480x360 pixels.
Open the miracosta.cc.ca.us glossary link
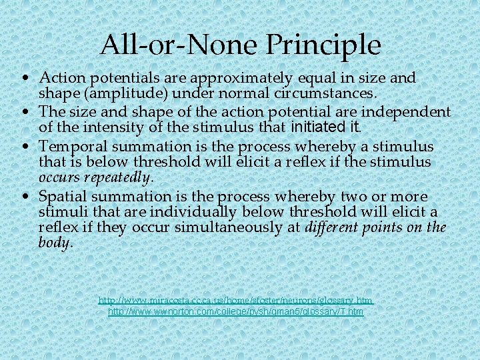click(x=235, y=301)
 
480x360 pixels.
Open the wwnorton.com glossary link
click(x=235, y=311)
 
